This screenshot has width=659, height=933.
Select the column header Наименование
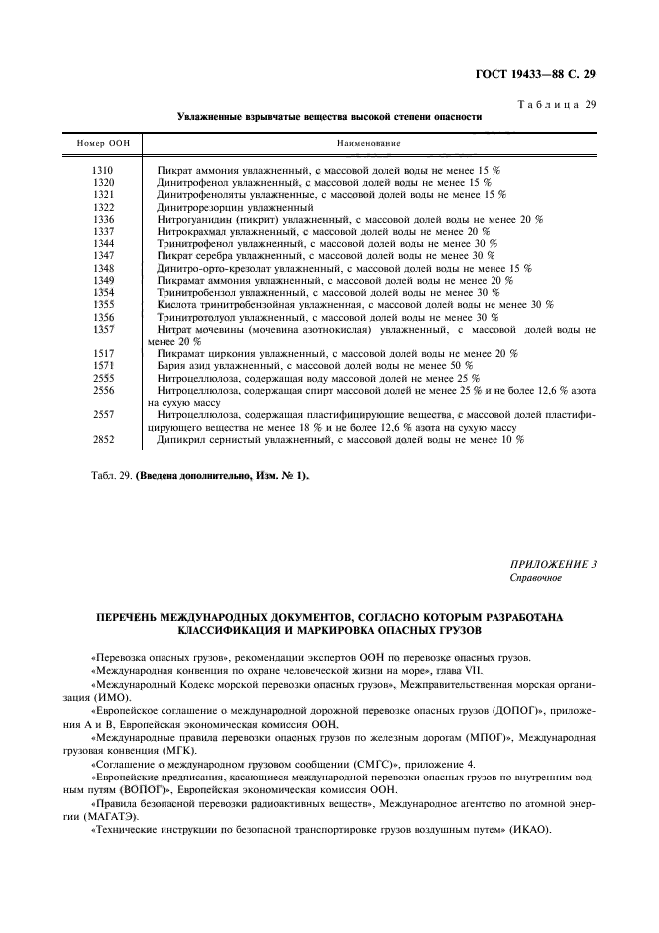369,144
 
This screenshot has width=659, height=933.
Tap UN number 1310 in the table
103,171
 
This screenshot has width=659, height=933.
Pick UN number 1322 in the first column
103,207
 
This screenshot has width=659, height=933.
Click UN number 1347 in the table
103,256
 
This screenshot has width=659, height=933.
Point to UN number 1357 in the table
103,328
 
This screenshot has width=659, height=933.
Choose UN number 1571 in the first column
103,366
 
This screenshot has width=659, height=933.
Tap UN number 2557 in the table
103,414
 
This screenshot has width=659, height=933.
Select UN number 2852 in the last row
103,439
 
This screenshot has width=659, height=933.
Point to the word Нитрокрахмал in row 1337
191,231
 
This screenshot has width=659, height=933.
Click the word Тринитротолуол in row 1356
195,317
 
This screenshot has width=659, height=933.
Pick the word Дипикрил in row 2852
179,439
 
